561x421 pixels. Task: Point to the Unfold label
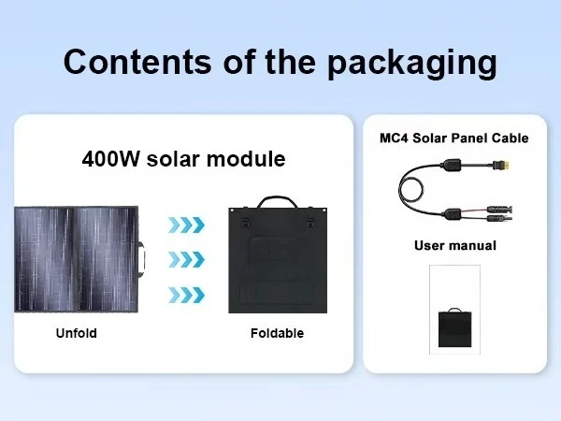click(75, 333)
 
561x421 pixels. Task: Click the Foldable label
click(277, 333)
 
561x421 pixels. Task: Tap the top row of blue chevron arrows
click(186, 225)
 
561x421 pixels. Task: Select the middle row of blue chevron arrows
click(186, 260)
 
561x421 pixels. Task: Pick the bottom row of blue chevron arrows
click(186, 295)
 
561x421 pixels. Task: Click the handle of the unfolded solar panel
click(144, 259)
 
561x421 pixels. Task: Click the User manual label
click(454, 246)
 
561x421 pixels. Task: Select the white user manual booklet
click(454, 309)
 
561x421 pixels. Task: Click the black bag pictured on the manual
click(454, 326)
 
